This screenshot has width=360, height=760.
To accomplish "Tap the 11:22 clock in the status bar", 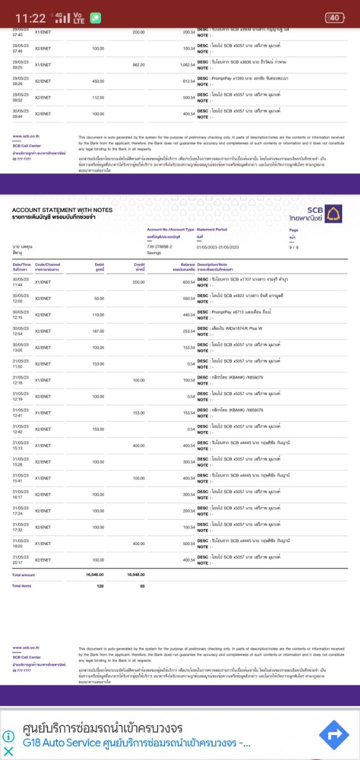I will click(x=30, y=18).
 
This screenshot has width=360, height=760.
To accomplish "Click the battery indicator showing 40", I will click(x=334, y=18).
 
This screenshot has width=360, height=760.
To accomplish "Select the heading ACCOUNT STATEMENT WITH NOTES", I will click(x=62, y=210).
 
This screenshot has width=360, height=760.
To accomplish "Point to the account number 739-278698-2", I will click(x=159, y=246).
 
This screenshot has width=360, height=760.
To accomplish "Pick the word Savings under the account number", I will click(x=154, y=252).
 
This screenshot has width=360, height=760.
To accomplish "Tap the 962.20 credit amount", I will click(x=138, y=65).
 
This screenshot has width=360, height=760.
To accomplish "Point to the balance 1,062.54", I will click(x=188, y=65).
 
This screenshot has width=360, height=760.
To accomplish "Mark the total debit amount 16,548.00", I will click(x=95, y=575).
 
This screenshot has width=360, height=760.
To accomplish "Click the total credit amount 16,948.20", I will click(x=136, y=575).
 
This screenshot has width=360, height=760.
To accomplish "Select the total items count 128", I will click(x=100, y=585).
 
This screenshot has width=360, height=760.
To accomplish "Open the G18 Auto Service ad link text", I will click(x=137, y=743).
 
